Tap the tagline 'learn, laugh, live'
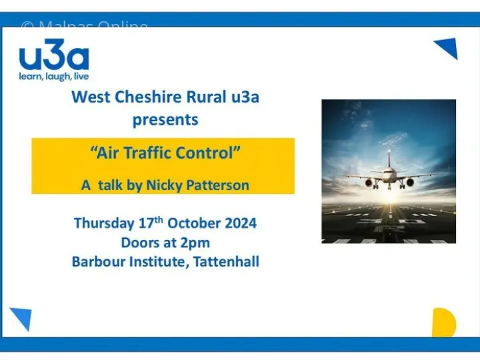click(x=53, y=77)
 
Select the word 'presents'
click(x=165, y=120)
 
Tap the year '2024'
click(x=237, y=223)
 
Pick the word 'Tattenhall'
click(x=227, y=261)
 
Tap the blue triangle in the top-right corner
click(x=447, y=48)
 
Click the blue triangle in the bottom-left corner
click(x=21, y=318)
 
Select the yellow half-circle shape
click(x=443, y=323)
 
